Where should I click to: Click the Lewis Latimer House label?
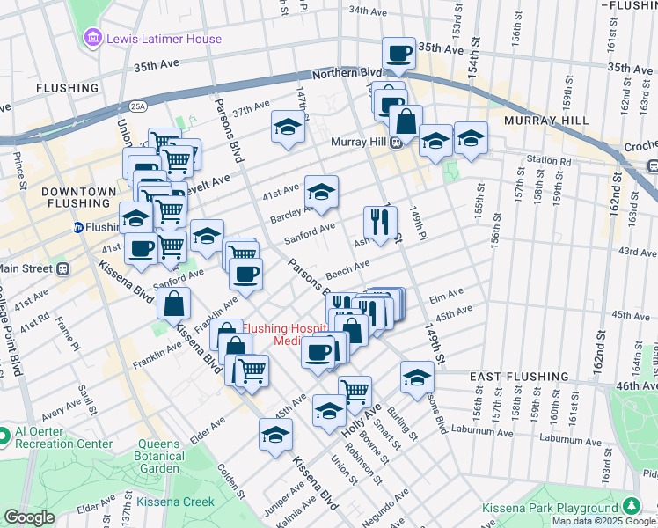pyautogui.click(x=164, y=39)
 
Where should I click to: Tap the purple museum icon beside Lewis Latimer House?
pyautogui.click(x=92, y=39)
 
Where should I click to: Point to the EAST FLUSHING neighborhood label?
pyautogui.click(x=515, y=376)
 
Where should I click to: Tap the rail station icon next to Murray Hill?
pyautogui.click(x=397, y=143)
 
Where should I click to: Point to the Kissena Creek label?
pyautogui.click(x=173, y=502)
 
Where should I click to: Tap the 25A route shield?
pyautogui.click(x=137, y=106)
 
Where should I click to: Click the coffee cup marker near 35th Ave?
pyautogui.click(x=398, y=53)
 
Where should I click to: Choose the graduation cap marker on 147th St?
pyautogui.click(x=288, y=127)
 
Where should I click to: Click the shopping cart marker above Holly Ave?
pyautogui.click(x=355, y=390)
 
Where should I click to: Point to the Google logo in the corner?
pyautogui.click(x=29, y=517)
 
